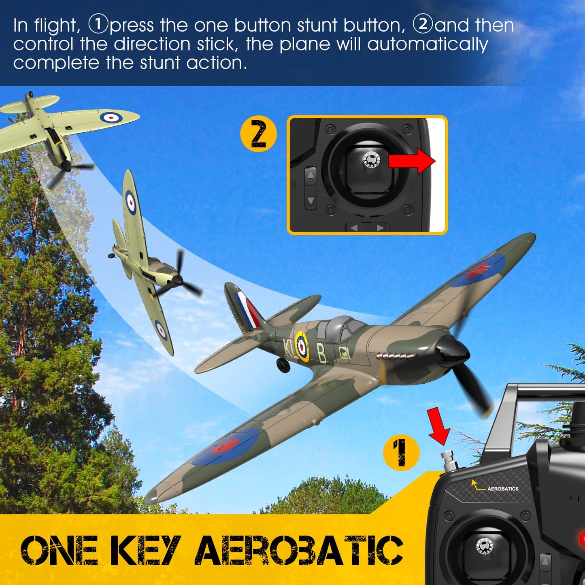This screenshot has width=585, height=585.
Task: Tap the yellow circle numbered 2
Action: [258, 134]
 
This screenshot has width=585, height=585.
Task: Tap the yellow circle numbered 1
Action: [401, 453]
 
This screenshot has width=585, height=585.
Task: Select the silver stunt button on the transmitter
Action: [449, 461]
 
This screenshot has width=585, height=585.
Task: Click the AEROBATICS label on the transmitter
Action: [502, 489]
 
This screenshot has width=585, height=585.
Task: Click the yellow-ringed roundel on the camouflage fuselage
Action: [302, 346]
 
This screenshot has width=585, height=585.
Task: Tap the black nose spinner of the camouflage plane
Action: [453, 350]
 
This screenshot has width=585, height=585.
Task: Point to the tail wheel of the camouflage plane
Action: [283, 364]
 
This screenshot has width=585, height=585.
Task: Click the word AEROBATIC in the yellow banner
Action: [299, 550]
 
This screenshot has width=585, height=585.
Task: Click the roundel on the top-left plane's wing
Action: [111, 118]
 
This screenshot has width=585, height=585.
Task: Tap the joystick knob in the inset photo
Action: [371, 160]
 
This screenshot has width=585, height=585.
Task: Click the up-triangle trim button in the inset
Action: [311, 175]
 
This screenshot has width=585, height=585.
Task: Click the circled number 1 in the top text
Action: [98, 25]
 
